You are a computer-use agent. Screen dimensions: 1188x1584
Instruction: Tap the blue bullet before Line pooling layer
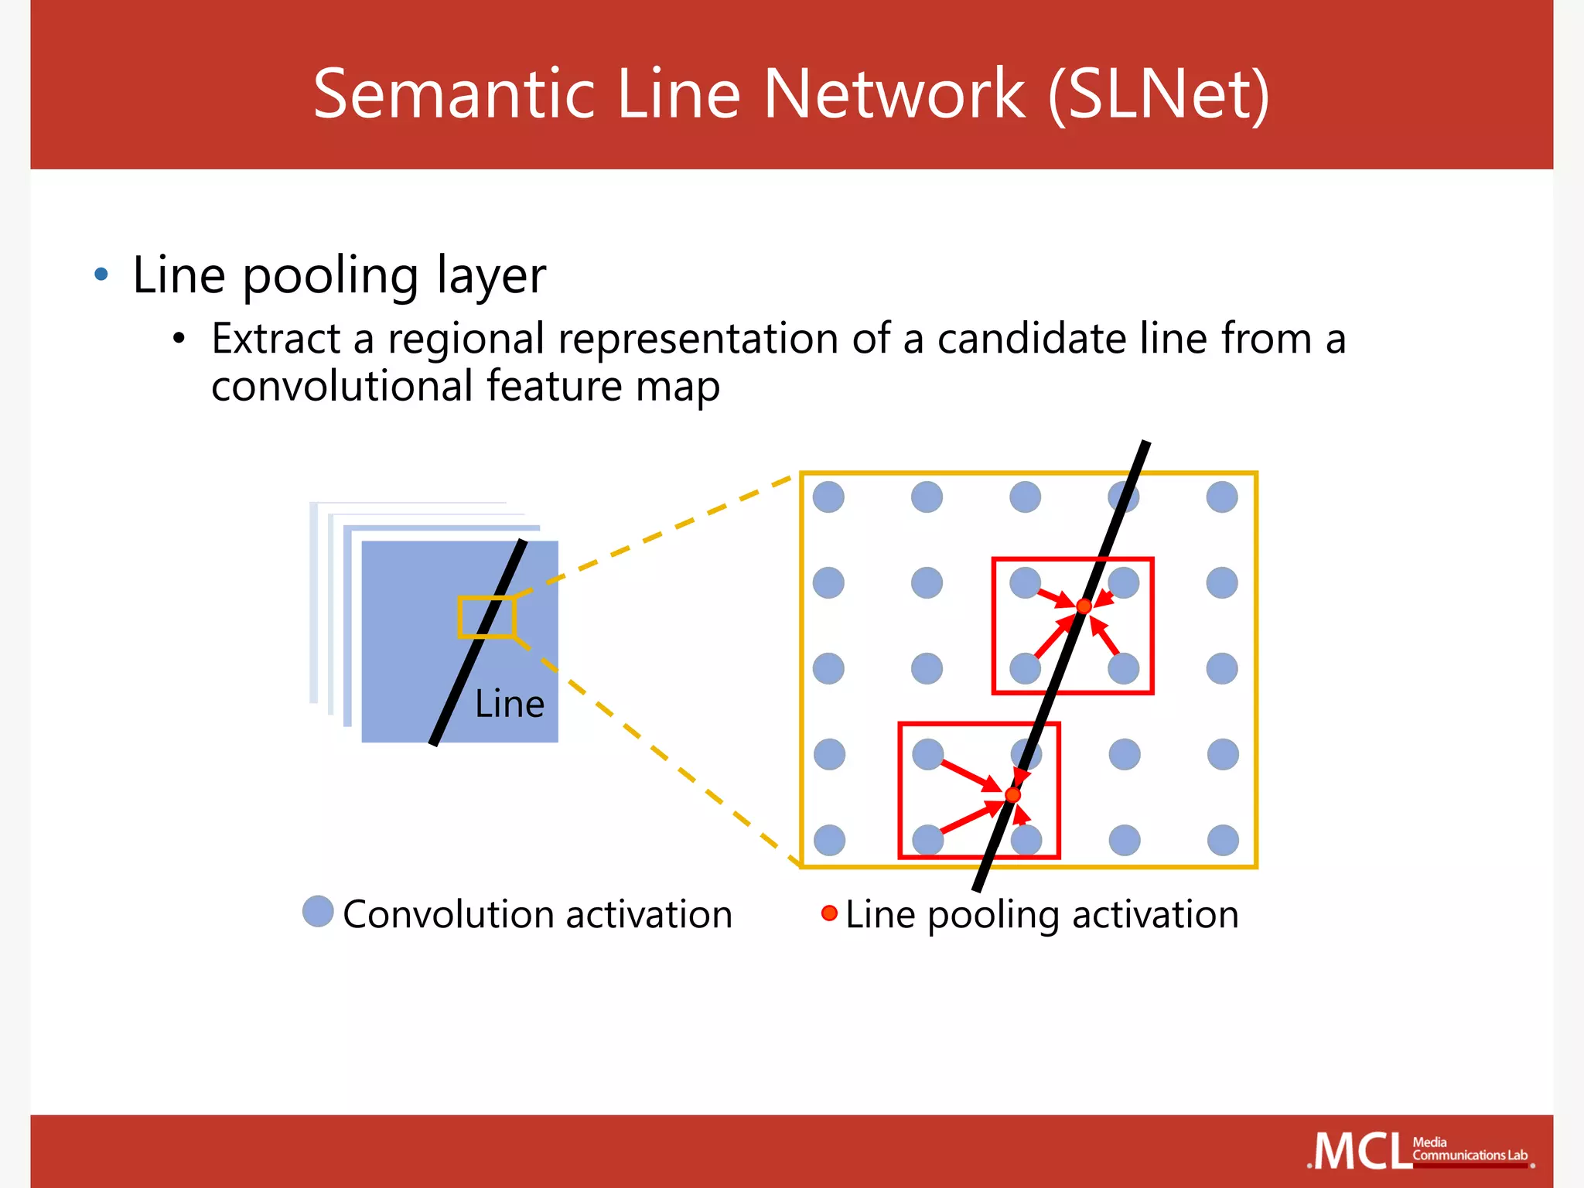pyautogui.click(x=101, y=274)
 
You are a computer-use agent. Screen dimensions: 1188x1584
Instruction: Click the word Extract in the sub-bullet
pyautogui.click(x=275, y=339)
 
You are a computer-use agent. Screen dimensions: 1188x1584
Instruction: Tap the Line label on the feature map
pyautogui.click(x=509, y=704)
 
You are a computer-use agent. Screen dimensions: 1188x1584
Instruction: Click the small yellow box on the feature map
pyautogui.click(x=486, y=616)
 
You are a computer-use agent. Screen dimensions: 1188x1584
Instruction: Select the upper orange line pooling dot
pyautogui.click(x=1084, y=606)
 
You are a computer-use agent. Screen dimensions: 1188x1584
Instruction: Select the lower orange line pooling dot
pyautogui.click(x=1012, y=794)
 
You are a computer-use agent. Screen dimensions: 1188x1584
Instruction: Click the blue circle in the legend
pyautogui.click(x=318, y=911)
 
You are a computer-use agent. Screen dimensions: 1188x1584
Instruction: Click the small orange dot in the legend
pyautogui.click(x=829, y=913)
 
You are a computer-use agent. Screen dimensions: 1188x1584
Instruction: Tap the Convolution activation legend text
pyautogui.click(x=537, y=914)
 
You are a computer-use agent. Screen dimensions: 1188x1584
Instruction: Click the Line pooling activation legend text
pyautogui.click(x=1041, y=914)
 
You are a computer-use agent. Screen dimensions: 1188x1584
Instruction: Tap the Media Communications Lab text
pyautogui.click(x=1469, y=1149)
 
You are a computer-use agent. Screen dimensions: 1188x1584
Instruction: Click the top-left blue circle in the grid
pyautogui.click(x=828, y=497)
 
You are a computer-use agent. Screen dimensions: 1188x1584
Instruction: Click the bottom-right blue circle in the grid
pyautogui.click(x=1223, y=840)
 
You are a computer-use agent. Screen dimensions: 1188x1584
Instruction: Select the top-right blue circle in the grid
pyautogui.click(x=1222, y=497)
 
